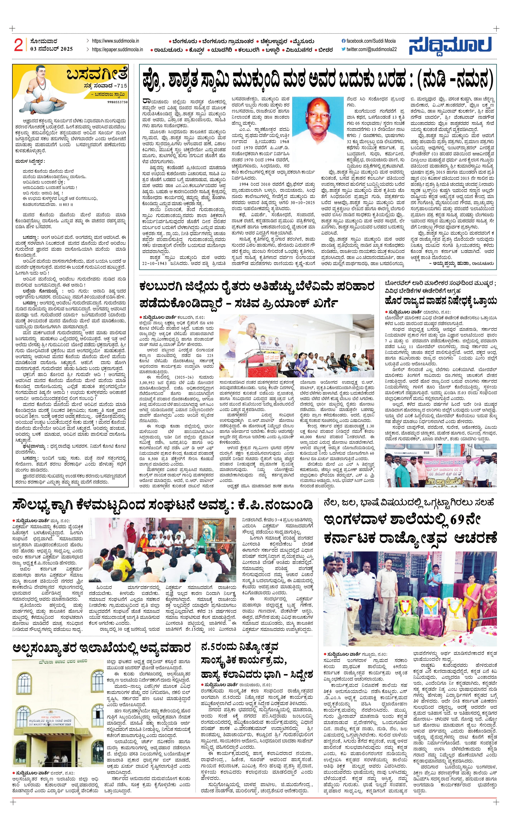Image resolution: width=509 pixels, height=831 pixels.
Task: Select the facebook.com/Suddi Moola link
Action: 371,41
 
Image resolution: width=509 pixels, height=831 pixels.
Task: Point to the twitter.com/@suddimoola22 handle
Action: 371,50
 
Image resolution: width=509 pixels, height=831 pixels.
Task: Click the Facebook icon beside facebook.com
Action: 344,41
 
